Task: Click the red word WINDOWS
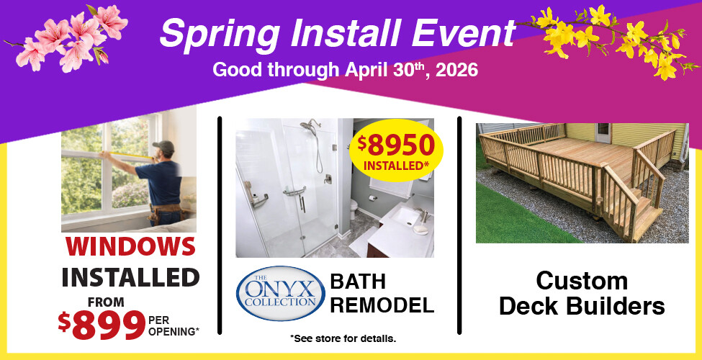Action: click(x=130, y=246)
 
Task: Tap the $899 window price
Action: click(x=102, y=325)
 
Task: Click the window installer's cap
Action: click(x=164, y=147)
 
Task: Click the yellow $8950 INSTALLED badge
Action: click(x=395, y=152)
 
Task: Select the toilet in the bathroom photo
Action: click(x=353, y=210)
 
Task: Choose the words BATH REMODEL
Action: click(x=382, y=293)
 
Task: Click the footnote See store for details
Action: click(x=343, y=338)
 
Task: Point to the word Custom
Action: click(x=582, y=280)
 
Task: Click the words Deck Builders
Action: click(x=582, y=306)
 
